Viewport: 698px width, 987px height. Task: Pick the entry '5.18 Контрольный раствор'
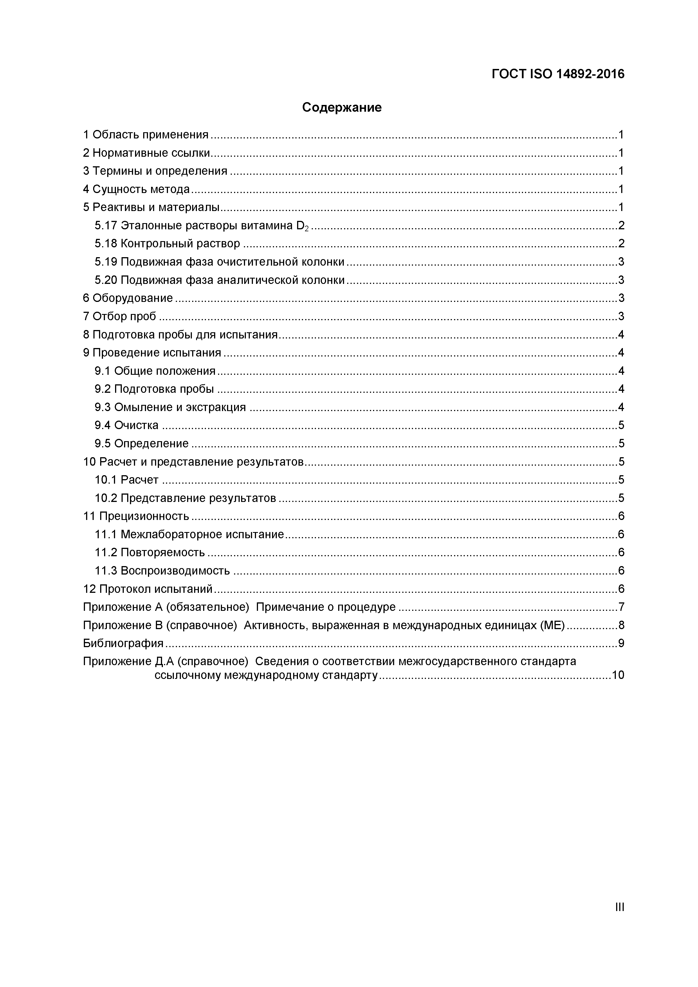(167, 244)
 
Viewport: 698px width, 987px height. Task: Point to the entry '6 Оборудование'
(128, 298)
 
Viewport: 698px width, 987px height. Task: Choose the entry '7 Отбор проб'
(120, 317)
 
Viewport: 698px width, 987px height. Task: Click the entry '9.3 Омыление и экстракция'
(170, 407)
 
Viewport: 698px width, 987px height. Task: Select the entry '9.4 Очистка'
(126, 425)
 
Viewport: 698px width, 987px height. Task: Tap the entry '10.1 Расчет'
(126, 480)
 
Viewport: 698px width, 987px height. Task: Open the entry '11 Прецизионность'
(136, 516)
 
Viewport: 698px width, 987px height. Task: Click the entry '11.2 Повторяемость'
(150, 552)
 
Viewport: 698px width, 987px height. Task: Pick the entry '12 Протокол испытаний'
(148, 589)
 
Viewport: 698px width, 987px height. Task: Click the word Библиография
(123, 643)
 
